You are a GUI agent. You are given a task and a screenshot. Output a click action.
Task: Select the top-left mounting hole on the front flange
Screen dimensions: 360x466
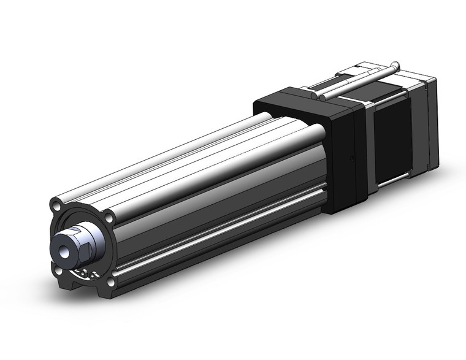(x=56, y=205)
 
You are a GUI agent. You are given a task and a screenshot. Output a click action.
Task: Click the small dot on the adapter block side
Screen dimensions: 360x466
(x=351, y=158)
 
